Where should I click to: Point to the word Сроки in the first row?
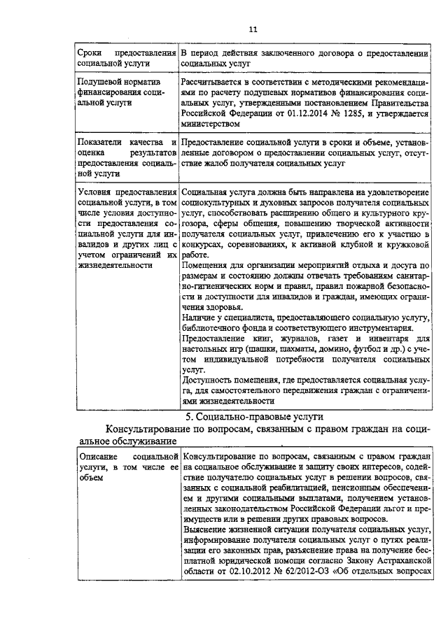(x=91, y=52)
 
